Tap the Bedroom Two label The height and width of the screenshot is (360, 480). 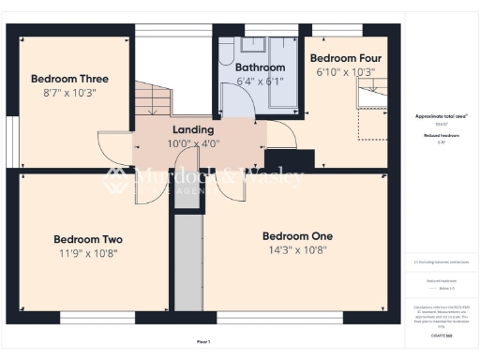(x=88, y=239)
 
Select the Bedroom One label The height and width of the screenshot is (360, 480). (x=297, y=235)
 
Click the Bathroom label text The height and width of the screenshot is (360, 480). (x=260, y=67)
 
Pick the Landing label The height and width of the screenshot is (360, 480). (x=193, y=129)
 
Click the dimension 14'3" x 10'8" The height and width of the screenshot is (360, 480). (x=297, y=251)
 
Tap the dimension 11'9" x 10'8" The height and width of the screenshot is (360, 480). (x=88, y=254)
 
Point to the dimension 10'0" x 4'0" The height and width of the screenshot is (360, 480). (x=193, y=143)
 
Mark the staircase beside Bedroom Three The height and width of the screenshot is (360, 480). (x=153, y=99)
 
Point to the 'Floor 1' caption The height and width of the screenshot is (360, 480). (x=203, y=341)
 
